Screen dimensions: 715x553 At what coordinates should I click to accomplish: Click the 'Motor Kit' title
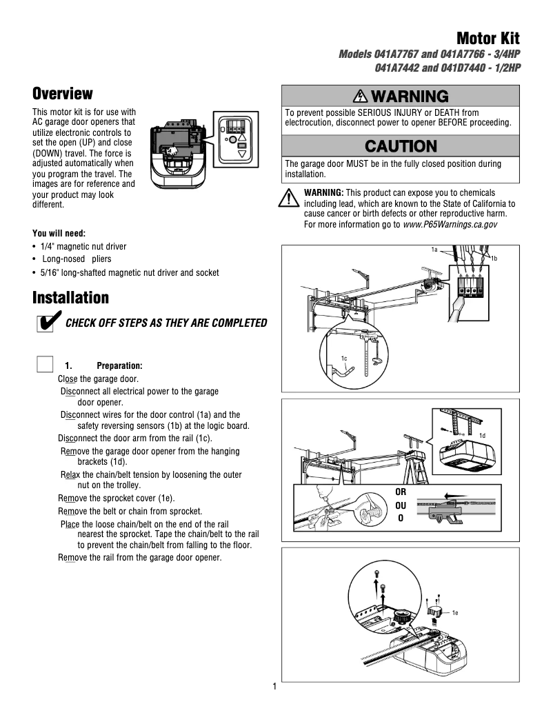tap(487, 39)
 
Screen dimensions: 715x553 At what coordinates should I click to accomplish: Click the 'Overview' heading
tap(63, 94)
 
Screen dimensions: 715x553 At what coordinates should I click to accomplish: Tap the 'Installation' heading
tap(71, 298)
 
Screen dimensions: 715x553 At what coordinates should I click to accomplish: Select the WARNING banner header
tap(401, 96)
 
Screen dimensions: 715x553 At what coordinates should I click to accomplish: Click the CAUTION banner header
tap(401, 146)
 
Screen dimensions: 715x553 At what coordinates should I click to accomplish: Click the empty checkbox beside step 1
tap(45, 364)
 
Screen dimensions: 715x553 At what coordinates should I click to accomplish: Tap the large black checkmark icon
tap(47, 322)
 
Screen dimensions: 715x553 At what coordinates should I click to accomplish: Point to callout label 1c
tap(344, 359)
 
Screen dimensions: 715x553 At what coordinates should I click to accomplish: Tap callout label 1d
tap(483, 436)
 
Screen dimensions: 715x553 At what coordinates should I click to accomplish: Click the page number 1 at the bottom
tap(274, 687)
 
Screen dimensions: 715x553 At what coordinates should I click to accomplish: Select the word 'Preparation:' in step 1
tap(120, 365)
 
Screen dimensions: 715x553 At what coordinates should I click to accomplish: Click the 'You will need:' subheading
tap(59, 233)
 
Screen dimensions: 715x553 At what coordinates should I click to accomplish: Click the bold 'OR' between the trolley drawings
tap(401, 492)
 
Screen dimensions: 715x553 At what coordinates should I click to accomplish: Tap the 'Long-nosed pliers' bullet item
tap(77, 259)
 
